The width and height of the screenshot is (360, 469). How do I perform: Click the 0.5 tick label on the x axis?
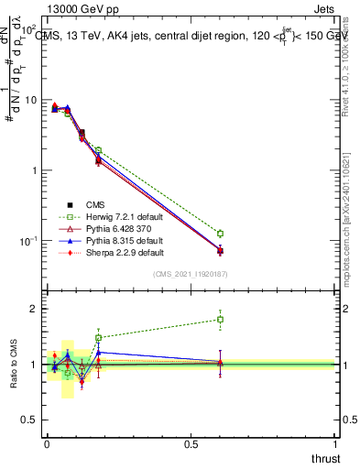click(x=191, y=443)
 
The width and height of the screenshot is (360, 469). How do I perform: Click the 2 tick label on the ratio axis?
click(x=32, y=310)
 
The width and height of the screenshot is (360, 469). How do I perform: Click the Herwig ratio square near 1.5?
click(x=98, y=337)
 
